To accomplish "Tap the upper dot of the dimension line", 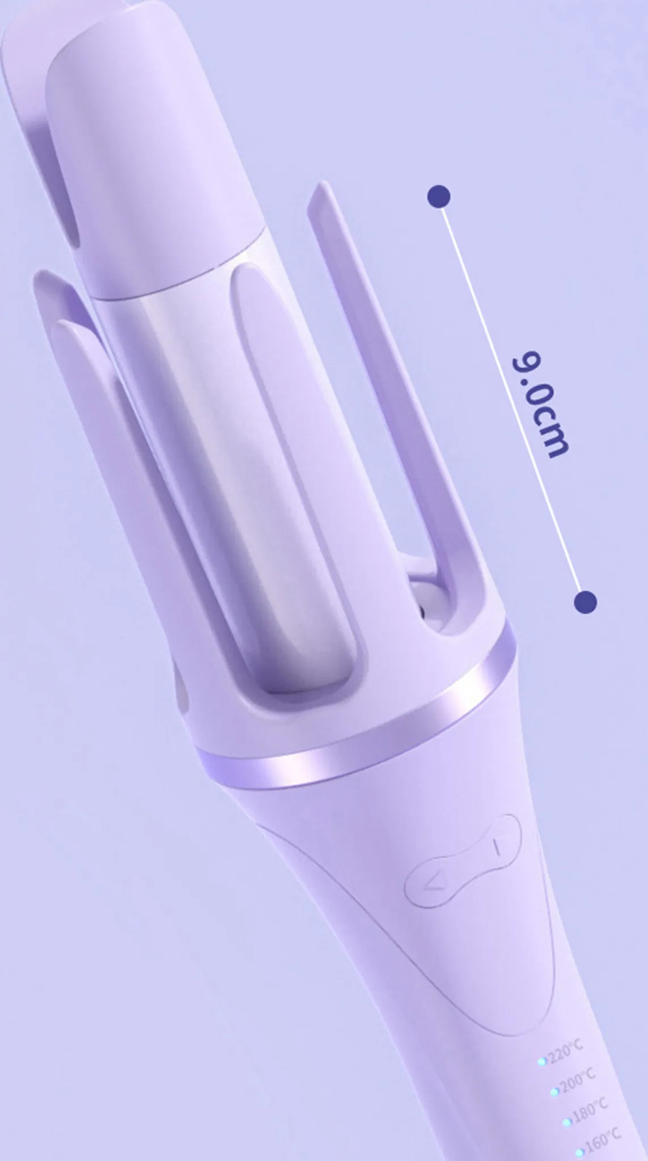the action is (x=439, y=197).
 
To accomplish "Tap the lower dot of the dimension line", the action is (x=585, y=601).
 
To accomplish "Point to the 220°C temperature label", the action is (x=566, y=1052).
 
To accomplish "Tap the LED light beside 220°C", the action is (x=542, y=1061).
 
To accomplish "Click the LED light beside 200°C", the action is (x=554, y=1091).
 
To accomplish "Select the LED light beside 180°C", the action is (x=567, y=1122).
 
